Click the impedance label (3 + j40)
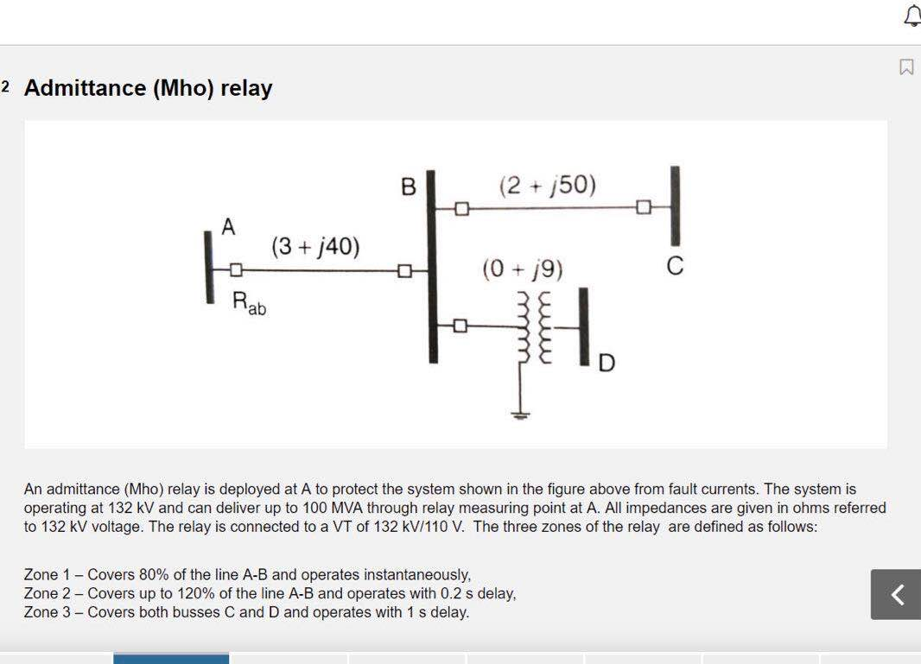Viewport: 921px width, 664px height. (x=315, y=247)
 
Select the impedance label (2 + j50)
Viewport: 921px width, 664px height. (x=547, y=185)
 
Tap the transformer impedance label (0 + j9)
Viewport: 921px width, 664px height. (x=522, y=271)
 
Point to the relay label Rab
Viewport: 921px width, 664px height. (x=249, y=303)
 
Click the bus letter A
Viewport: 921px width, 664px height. (x=228, y=227)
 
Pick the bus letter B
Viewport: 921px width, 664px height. (x=409, y=187)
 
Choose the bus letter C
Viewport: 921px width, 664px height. (x=676, y=268)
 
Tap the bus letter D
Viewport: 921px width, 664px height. (x=607, y=364)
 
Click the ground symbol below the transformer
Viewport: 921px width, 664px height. (x=519, y=414)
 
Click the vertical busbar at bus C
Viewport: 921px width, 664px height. (x=675, y=206)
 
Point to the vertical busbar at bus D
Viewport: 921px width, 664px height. (x=584, y=326)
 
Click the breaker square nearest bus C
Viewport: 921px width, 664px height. (x=643, y=207)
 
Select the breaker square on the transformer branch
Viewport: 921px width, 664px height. (x=460, y=326)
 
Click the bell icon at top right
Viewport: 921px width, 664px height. (x=912, y=15)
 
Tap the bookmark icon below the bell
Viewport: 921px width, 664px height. (x=906, y=66)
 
